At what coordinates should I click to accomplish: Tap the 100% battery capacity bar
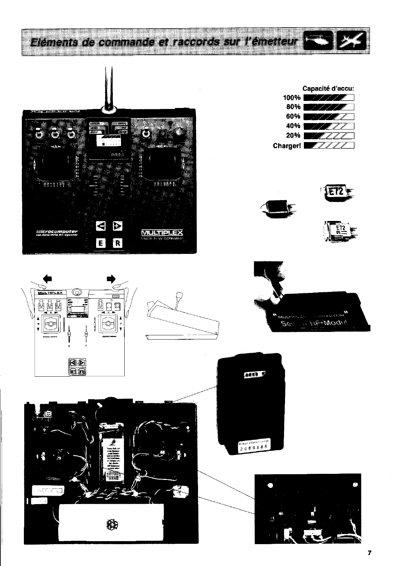click(x=329, y=98)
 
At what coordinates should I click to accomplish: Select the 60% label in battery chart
click(x=293, y=116)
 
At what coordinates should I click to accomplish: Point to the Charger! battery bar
click(x=329, y=146)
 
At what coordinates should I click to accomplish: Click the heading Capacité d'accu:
click(x=328, y=89)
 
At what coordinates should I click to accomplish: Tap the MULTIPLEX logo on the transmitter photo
click(x=162, y=233)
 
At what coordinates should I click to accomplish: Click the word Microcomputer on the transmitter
click(x=57, y=231)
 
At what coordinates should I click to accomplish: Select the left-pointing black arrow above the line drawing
click(x=48, y=278)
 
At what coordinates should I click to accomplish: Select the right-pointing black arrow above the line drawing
click(x=111, y=278)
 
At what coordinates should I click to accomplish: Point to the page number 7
click(x=369, y=553)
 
